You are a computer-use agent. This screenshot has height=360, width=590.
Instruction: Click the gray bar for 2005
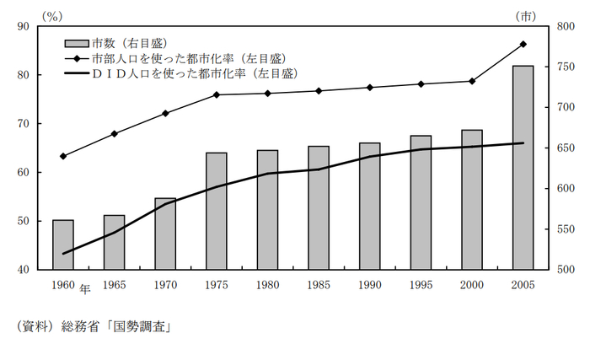tap(523, 167)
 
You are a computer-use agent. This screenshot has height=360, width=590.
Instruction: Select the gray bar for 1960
tap(63, 244)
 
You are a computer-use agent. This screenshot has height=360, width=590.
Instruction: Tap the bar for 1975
tap(217, 211)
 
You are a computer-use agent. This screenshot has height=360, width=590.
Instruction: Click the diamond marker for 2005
tap(523, 44)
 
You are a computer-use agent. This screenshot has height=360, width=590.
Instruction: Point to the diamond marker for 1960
tap(63, 156)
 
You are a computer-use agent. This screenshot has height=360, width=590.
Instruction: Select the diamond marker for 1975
tap(217, 94)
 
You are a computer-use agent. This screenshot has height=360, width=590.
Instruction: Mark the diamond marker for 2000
tap(472, 81)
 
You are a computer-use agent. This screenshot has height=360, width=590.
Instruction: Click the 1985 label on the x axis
tap(319, 284)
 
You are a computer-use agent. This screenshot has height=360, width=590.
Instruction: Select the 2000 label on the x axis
tap(472, 284)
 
